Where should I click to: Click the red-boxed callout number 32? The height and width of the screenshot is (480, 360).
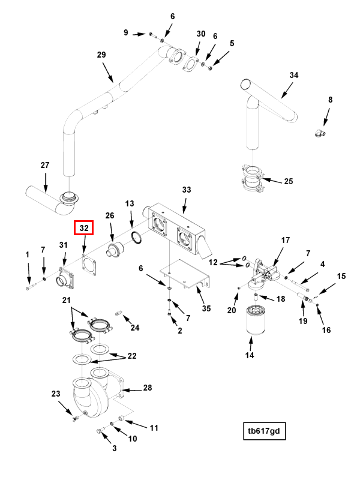(83, 228)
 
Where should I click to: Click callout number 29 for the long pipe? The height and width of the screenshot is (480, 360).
(101, 55)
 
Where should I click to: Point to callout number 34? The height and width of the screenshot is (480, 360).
(293, 76)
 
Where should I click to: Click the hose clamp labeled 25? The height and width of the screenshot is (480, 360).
(253, 180)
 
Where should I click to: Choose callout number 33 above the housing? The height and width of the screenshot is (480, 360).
(187, 190)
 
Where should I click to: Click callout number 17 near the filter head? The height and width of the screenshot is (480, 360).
(286, 240)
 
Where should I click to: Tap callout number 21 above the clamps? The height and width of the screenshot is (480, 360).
(67, 299)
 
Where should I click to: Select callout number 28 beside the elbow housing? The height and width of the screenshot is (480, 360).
(148, 388)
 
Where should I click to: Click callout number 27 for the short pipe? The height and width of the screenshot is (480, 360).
(44, 165)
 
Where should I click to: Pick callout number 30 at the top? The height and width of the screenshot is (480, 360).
(200, 34)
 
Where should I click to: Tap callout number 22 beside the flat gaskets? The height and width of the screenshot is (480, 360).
(131, 355)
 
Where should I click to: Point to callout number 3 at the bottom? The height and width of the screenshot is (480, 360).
(114, 448)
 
